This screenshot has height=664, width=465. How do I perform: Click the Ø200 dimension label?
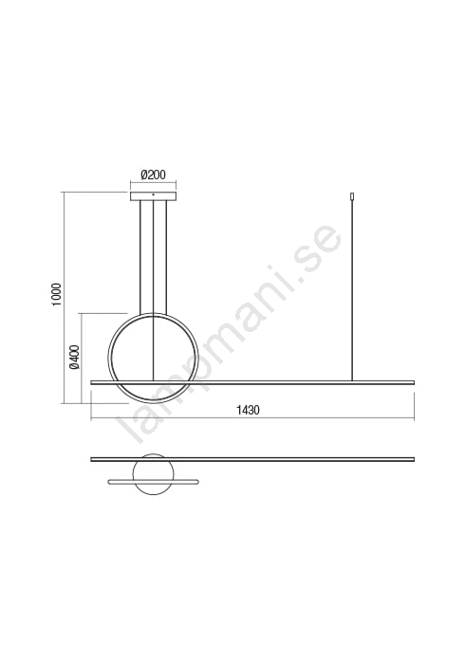153,175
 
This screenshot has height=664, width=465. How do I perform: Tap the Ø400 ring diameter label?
75,357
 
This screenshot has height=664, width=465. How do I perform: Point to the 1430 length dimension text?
248,410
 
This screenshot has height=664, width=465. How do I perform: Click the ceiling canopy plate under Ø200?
153,196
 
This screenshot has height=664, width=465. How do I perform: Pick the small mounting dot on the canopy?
154,194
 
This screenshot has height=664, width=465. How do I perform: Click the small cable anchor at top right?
351,197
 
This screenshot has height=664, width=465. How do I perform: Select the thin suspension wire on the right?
351,291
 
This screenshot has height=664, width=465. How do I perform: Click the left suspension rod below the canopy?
139,258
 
